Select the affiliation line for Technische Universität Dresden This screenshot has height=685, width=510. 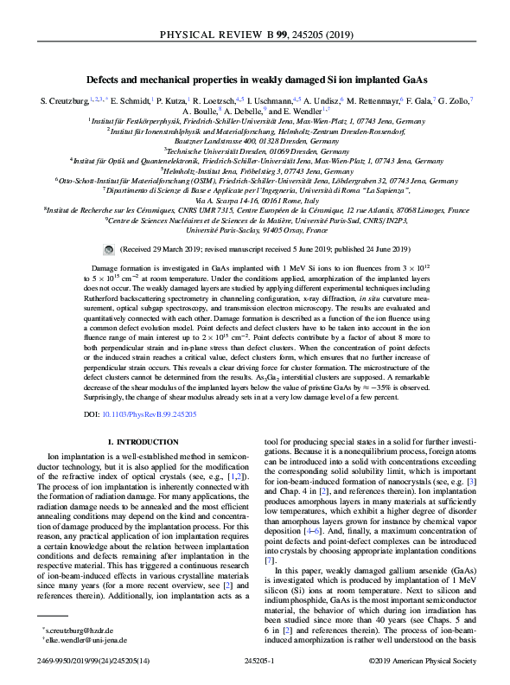[254, 150]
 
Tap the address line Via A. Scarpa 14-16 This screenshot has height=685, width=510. [254, 201]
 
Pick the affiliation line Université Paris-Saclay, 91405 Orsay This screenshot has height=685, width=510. [254, 231]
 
